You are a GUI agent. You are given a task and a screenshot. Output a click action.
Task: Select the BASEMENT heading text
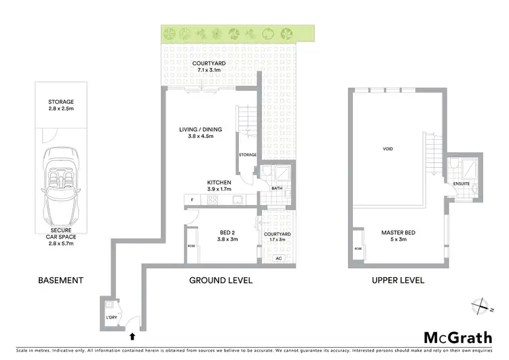click(x=60, y=280)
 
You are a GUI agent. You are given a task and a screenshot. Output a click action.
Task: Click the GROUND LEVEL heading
click(x=221, y=280)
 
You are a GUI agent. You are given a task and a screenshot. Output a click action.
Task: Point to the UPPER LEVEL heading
click(x=398, y=280)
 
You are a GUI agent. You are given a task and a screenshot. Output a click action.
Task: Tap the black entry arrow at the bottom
click(x=132, y=334)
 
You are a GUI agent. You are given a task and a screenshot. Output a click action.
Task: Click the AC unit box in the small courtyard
click(x=278, y=258)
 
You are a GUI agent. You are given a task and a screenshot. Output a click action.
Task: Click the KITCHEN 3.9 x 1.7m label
click(x=220, y=186)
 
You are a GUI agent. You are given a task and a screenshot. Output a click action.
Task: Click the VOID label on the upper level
click(x=388, y=149)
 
